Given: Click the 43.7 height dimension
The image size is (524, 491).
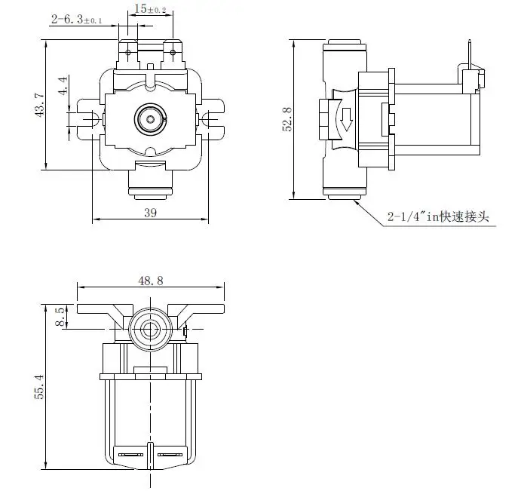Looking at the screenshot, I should pyautogui.click(x=39, y=105).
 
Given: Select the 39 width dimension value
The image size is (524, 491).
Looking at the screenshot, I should pyautogui.click(x=150, y=213).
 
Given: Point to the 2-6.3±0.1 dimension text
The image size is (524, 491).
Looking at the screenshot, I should pyautogui.click(x=78, y=20).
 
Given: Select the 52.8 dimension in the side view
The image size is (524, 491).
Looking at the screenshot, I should pyautogui.click(x=287, y=118).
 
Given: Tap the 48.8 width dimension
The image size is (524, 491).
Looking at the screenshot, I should pyautogui.click(x=151, y=280).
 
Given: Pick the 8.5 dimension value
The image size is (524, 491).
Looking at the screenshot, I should pyautogui.click(x=61, y=316).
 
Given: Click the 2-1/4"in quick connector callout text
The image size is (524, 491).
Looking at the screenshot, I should pyautogui.click(x=438, y=217).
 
